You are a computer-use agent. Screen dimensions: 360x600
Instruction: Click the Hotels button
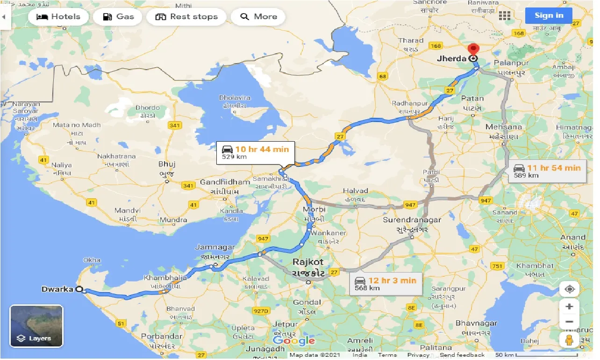58,17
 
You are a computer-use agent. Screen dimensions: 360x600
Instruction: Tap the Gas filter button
119,17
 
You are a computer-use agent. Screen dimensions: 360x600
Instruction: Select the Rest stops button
186,17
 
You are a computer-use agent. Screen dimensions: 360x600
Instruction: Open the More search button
258,17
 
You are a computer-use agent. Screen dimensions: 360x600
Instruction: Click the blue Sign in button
549,15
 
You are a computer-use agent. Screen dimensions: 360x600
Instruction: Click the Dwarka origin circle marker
79,289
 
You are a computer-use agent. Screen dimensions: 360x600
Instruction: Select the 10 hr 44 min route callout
255,152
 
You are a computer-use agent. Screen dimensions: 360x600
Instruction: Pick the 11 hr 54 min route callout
547,171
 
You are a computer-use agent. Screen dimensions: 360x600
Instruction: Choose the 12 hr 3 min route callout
385,283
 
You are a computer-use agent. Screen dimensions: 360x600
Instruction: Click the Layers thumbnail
36,326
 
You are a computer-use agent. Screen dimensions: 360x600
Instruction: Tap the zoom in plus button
569,307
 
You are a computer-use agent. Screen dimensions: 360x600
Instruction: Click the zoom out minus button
569,322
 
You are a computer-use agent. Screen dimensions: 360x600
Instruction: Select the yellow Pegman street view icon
569,340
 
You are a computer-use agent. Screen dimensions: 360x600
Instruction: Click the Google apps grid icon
505,16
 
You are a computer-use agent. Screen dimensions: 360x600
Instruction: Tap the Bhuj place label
167,164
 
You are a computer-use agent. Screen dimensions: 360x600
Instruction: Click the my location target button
569,289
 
